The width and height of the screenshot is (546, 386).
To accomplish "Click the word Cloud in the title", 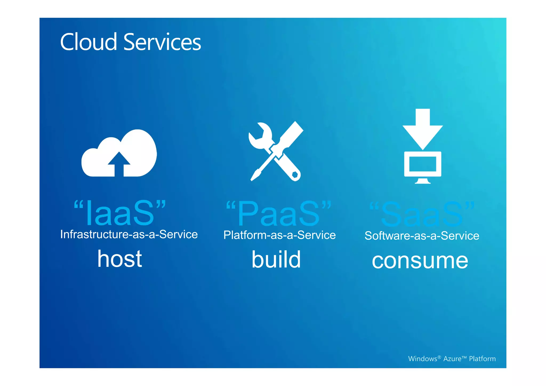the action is point(89,42).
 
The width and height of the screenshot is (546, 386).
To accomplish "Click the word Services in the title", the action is point(162,42).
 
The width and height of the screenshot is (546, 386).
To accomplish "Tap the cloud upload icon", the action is point(119,153).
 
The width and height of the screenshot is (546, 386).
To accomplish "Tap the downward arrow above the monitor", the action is point(423,128).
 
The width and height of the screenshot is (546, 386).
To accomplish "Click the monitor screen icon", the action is point(423,165).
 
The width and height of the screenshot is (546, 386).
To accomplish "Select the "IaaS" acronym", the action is point(120,213).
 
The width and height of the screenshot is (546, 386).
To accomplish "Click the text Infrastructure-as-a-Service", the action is point(129,234).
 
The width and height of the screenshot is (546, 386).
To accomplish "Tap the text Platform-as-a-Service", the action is point(279,235).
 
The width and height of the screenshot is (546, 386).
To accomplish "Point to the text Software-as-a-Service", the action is point(422,236).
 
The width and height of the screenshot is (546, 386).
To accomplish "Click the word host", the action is point(120,259).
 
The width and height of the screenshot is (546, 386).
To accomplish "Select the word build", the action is point(276,259).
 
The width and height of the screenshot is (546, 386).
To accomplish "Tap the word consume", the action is point(420,261).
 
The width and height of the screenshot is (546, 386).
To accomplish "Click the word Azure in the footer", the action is point(452,359).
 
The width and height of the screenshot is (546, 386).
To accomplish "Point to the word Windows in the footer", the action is point(423,359).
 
